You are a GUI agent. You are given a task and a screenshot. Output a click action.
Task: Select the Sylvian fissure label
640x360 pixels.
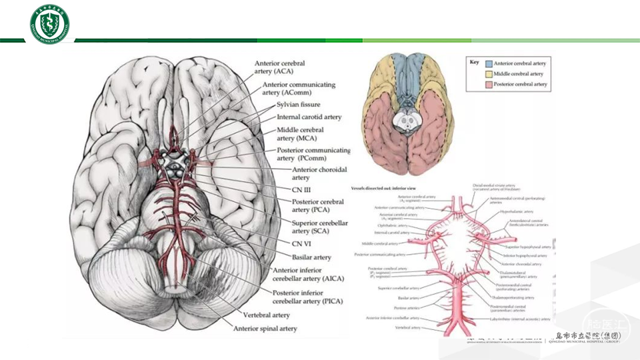tap(298, 105)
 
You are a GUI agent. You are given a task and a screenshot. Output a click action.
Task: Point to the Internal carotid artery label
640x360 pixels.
tap(309, 117)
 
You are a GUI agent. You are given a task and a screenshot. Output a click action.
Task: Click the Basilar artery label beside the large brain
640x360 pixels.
tap(312, 257)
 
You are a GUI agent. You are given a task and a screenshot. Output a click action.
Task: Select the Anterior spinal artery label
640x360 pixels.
tap(265, 328)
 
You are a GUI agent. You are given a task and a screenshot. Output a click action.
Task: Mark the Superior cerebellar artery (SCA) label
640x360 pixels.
tap(319, 227)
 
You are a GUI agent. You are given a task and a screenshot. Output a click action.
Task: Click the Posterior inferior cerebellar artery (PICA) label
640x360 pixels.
tap(307, 297)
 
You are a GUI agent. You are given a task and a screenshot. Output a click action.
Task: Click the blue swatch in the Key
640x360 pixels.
tap(488, 63)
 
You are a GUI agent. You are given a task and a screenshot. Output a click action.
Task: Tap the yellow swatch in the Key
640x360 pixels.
tap(488, 74)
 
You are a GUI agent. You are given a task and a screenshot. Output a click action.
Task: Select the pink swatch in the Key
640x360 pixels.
tap(488, 85)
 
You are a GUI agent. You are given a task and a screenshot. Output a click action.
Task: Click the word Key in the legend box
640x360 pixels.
tap(474, 61)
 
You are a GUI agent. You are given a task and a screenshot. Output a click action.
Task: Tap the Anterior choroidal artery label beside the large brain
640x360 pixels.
tap(313, 173)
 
